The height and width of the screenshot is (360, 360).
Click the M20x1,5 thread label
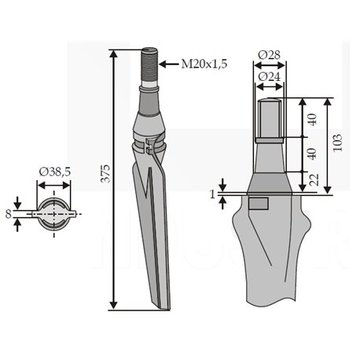pyautogui.click(x=204, y=64)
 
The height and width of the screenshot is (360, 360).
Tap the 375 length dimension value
pyautogui.click(x=106, y=174)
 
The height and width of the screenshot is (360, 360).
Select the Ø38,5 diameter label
pyautogui.click(x=55, y=172)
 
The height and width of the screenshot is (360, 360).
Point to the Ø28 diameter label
pyautogui.click(x=269, y=55)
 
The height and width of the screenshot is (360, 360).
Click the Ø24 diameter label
pyautogui.click(x=269, y=77)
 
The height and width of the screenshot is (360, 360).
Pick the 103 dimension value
pyautogui.click(x=338, y=142)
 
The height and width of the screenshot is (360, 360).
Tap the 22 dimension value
pyautogui.click(x=314, y=180)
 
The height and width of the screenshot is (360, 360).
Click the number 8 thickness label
pyautogui.click(x=9, y=214)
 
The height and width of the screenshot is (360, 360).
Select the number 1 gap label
pyautogui.click(x=213, y=195)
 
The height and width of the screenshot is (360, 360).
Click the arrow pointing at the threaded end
pyautogui.click(x=169, y=64)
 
